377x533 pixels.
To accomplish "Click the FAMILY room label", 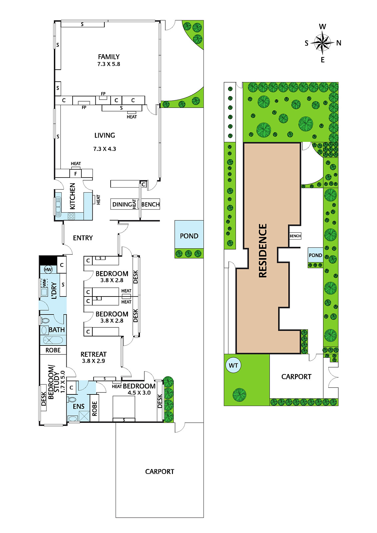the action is (109, 57).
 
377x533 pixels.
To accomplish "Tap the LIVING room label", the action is (105, 135).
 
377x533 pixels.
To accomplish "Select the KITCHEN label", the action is (72, 196).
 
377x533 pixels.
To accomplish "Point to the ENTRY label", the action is (83, 238).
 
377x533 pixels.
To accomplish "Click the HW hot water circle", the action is (48, 269).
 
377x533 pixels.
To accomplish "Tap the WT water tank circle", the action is (233, 365).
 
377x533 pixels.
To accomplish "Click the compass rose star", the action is (322, 43).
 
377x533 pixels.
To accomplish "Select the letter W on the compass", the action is (322, 26).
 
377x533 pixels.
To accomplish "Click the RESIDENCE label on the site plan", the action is (262, 251).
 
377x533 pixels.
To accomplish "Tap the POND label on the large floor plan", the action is (189, 236).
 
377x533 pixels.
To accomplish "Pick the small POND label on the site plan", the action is (315, 255).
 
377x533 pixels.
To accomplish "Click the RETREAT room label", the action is (93, 354).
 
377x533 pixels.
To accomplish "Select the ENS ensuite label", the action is (79, 406).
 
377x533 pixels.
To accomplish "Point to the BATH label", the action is (57, 330).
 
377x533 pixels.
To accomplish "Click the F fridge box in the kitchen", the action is (75, 174).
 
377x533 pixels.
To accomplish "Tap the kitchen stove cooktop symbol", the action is (71, 216).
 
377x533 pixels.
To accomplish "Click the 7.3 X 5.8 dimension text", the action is (109, 64).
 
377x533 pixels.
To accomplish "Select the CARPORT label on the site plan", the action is (296, 377).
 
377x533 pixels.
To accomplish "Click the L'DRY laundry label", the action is (54, 290).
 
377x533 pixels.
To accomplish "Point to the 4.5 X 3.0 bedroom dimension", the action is (139, 393).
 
